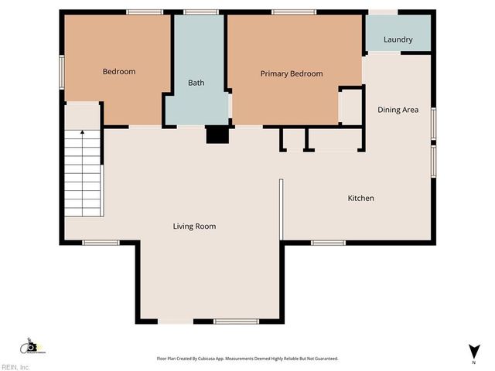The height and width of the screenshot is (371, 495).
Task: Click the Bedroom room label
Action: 119,72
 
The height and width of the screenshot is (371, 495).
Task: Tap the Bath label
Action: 196,83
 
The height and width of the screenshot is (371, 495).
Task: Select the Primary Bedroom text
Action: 291,74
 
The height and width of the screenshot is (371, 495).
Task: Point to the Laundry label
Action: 398,39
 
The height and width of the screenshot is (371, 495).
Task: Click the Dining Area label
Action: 398,110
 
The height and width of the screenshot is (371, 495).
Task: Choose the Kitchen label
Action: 360,199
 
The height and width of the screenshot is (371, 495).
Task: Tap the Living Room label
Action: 194,226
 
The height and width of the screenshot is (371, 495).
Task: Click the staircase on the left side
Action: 82,173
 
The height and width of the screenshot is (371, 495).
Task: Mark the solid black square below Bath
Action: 217,134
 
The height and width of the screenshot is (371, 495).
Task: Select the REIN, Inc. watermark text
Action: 15,367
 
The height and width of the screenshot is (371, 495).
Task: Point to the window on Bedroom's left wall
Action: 63,72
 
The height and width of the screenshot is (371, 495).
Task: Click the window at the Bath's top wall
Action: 200,12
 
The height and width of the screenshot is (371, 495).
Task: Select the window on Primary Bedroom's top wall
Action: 293,12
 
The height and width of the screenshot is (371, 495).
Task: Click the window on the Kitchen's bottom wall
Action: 328,243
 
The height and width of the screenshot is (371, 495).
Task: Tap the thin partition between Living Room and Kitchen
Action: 282,209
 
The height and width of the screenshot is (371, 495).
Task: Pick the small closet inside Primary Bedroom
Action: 350,107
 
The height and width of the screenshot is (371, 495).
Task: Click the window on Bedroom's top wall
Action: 145,12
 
